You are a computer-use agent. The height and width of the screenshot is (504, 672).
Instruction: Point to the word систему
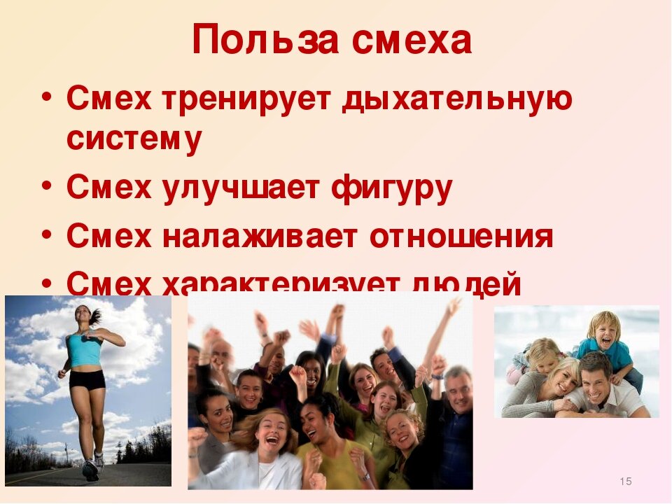click(134, 138)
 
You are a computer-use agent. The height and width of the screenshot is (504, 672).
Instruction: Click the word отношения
click(461, 237)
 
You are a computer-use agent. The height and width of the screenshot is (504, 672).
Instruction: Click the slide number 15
click(626, 481)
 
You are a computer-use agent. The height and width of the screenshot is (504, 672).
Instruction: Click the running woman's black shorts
click(87, 379)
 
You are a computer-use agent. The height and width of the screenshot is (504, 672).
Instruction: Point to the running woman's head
click(82, 316)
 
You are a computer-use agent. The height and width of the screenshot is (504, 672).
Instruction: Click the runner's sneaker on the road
click(90, 470)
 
